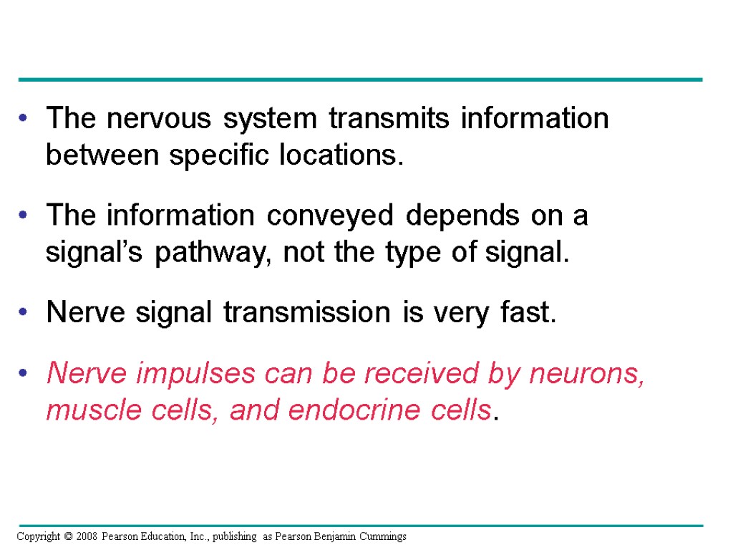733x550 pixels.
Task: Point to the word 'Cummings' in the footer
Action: [382, 536]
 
